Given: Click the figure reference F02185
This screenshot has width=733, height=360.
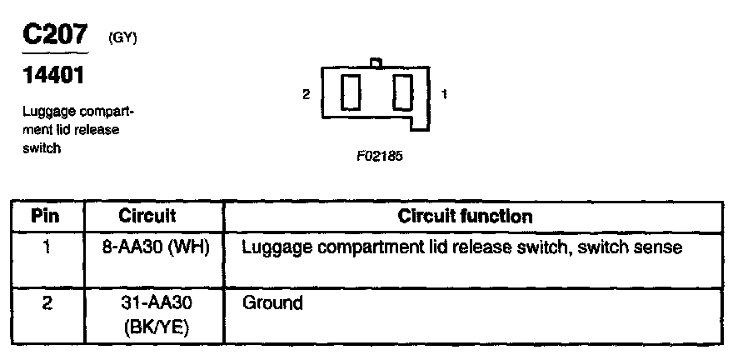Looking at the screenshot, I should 378,155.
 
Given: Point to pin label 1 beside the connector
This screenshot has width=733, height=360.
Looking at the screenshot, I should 444,95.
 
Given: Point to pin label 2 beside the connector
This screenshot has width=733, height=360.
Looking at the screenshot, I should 307,95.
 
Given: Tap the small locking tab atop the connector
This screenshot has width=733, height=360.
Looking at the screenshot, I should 376,62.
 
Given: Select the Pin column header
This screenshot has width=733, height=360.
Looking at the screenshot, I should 47,217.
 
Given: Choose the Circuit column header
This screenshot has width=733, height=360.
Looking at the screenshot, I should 147,217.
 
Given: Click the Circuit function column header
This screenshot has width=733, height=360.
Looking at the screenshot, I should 465,217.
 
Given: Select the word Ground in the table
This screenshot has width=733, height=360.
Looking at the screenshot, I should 272,302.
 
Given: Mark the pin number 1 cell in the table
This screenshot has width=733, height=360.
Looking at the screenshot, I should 47,247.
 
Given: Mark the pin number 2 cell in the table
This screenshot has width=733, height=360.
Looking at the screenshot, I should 47,302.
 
